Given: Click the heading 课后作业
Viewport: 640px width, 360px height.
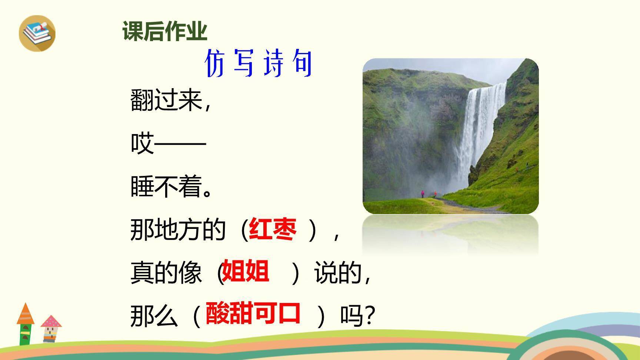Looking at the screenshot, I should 165,31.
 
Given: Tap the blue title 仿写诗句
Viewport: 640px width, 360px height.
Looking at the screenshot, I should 259,64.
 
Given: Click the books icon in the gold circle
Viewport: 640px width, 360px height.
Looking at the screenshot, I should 37,33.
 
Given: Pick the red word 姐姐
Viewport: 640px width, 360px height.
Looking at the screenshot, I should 245,272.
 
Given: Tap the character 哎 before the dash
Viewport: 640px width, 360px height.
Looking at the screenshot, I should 142,143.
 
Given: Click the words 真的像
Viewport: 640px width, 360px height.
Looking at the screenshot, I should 166,273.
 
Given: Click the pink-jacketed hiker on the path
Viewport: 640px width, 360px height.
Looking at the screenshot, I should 423,194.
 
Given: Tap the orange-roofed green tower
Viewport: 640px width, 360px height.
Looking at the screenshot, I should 25,324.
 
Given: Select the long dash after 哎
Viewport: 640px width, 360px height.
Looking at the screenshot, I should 180,143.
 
